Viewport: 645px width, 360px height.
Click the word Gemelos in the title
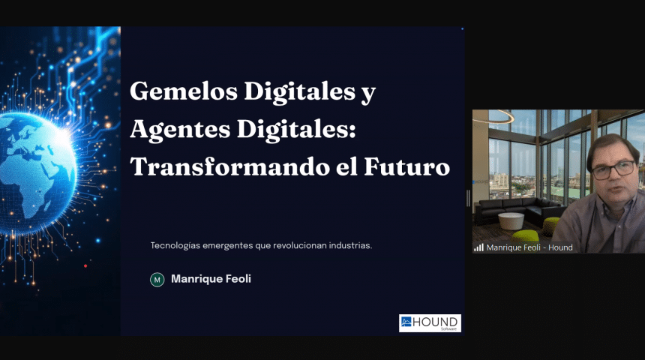tap(184, 91)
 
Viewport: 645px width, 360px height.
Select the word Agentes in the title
tap(180, 130)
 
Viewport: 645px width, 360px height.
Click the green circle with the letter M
tap(157, 280)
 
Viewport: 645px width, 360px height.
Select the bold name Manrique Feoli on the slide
tap(211, 279)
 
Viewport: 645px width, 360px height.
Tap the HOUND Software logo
tap(430, 323)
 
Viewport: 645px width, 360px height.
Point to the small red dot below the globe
tap(85, 265)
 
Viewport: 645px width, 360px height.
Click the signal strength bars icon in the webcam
tap(478, 247)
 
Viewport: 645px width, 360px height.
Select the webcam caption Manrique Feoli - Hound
tap(529, 247)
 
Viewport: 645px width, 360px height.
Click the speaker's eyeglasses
tap(613, 169)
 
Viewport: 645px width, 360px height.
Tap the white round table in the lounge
tap(511, 221)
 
